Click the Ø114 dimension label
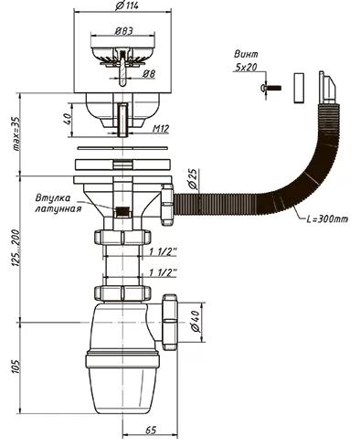click(126, 5)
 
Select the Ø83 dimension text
click(124, 31)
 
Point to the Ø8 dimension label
click(149, 74)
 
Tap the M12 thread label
click(161, 129)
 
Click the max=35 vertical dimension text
click(16, 134)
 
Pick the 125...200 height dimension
click(16, 249)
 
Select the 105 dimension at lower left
click(16, 367)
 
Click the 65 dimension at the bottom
click(151, 431)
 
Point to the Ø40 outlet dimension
click(196, 322)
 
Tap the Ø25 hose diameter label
click(196, 179)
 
